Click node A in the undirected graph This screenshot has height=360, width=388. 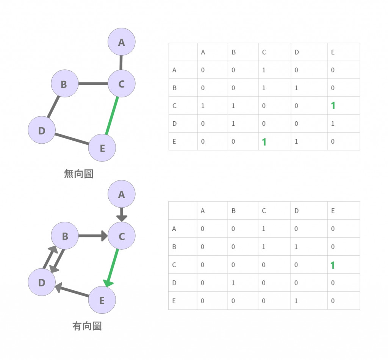(x=122, y=42)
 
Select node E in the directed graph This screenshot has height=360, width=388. (x=102, y=301)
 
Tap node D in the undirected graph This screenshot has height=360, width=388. (x=42, y=130)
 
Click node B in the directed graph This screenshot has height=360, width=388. (x=65, y=236)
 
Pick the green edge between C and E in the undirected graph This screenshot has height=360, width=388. (x=112, y=116)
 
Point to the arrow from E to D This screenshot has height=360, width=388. (x=72, y=291)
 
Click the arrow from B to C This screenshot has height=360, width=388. (x=93, y=236)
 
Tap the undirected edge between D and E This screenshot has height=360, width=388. (x=72, y=139)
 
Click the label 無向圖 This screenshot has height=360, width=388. (x=78, y=174)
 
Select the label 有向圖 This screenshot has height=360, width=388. (x=87, y=326)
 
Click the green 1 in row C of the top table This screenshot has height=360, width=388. (x=333, y=106)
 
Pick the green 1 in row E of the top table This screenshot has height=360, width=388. (x=264, y=142)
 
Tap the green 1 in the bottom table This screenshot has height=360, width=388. (x=332, y=265)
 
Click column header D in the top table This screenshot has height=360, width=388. (x=297, y=52)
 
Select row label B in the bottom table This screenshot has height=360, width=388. (x=174, y=247)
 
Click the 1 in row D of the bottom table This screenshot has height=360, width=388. (x=233, y=283)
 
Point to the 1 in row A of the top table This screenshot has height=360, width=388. (x=264, y=70)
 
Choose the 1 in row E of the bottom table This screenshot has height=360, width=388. (x=296, y=301)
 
